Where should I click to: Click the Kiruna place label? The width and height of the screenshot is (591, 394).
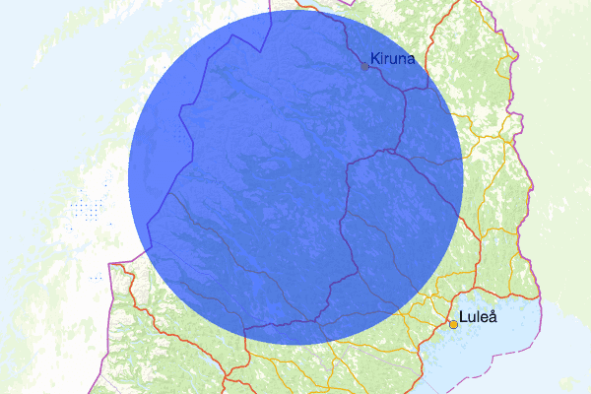(x=392, y=59)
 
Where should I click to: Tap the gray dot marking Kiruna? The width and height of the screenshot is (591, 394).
(x=364, y=66)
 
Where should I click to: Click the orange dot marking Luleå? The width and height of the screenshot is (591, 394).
(x=453, y=323)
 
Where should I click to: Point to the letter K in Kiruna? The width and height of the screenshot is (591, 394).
(x=375, y=59)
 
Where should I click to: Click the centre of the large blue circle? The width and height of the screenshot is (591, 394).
(x=295, y=177)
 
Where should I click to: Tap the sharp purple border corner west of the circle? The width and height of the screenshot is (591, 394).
(x=111, y=265)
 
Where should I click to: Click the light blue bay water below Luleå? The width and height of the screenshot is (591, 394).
(x=492, y=355)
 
